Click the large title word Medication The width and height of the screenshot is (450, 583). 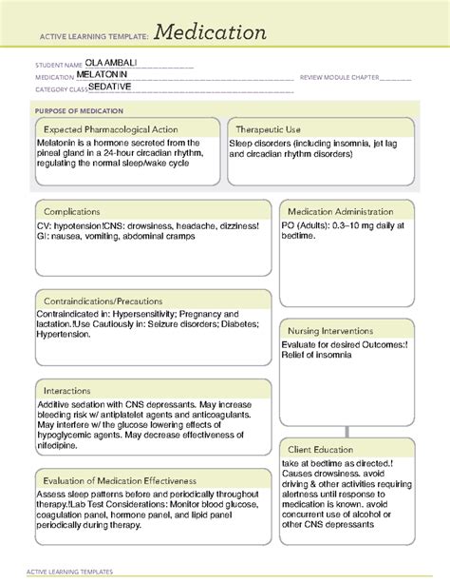[x=211, y=33]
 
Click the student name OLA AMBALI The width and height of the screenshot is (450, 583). [x=111, y=66]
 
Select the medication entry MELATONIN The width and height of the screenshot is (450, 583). [x=107, y=75]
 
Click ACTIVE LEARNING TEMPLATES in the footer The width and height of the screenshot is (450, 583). [x=74, y=572]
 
